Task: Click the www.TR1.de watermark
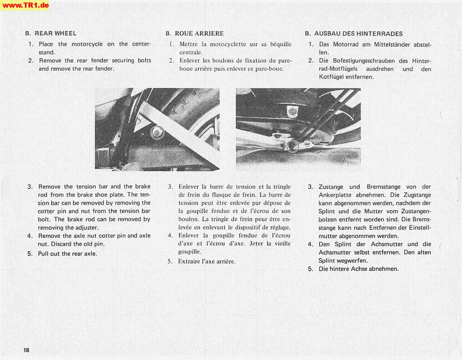pos(25,5)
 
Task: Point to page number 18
pos(27,350)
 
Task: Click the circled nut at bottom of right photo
pos(292,147)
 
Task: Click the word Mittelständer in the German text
pos(393,44)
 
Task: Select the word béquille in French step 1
pos(281,44)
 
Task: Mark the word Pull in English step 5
pos(44,254)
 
